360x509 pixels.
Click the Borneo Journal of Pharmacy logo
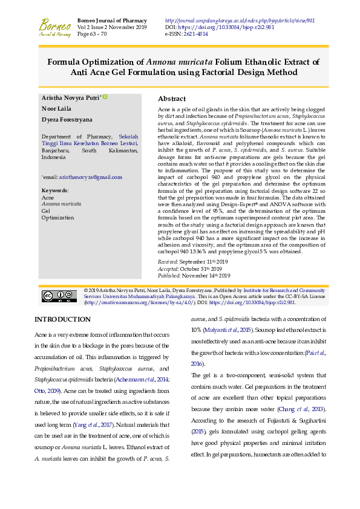pyautogui.click(x=54, y=27)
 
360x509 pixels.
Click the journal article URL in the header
pyautogui.click(x=240, y=20)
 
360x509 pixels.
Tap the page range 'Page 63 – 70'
pyautogui.click(x=92, y=34)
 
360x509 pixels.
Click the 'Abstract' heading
pyautogui.click(x=171, y=99)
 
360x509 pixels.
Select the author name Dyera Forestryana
pyautogui.click(x=67, y=120)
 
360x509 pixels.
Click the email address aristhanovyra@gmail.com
pyautogui.click(x=90, y=177)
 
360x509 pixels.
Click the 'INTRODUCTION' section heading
pyautogui.click(x=62, y=319)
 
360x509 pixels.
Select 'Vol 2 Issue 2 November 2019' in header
pyautogui.click(x=112, y=27)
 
